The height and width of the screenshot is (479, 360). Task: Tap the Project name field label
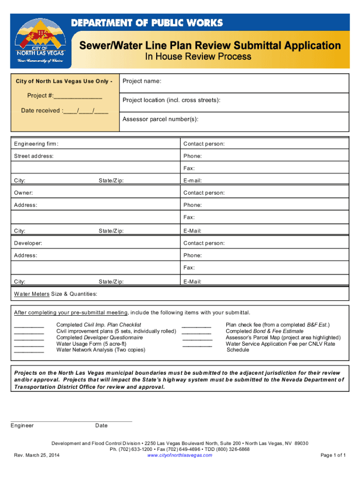(x=142, y=81)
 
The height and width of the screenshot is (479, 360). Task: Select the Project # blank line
(x=78, y=96)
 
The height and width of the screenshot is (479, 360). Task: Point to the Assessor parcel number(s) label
(x=160, y=119)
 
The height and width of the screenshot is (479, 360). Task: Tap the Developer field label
(x=28, y=243)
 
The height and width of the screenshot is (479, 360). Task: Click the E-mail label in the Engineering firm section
(x=193, y=181)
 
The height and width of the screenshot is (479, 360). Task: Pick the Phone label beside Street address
(x=193, y=156)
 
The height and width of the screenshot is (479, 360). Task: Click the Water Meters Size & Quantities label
(x=56, y=294)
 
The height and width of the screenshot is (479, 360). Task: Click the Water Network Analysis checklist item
(x=101, y=350)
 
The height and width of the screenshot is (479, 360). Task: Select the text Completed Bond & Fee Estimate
(x=264, y=331)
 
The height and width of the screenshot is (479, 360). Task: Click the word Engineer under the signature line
(x=22, y=426)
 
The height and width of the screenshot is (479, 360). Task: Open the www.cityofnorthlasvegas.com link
(x=180, y=455)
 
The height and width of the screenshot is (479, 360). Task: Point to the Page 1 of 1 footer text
(x=333, y=455)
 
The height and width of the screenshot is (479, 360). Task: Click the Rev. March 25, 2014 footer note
(x=37, y=455)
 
